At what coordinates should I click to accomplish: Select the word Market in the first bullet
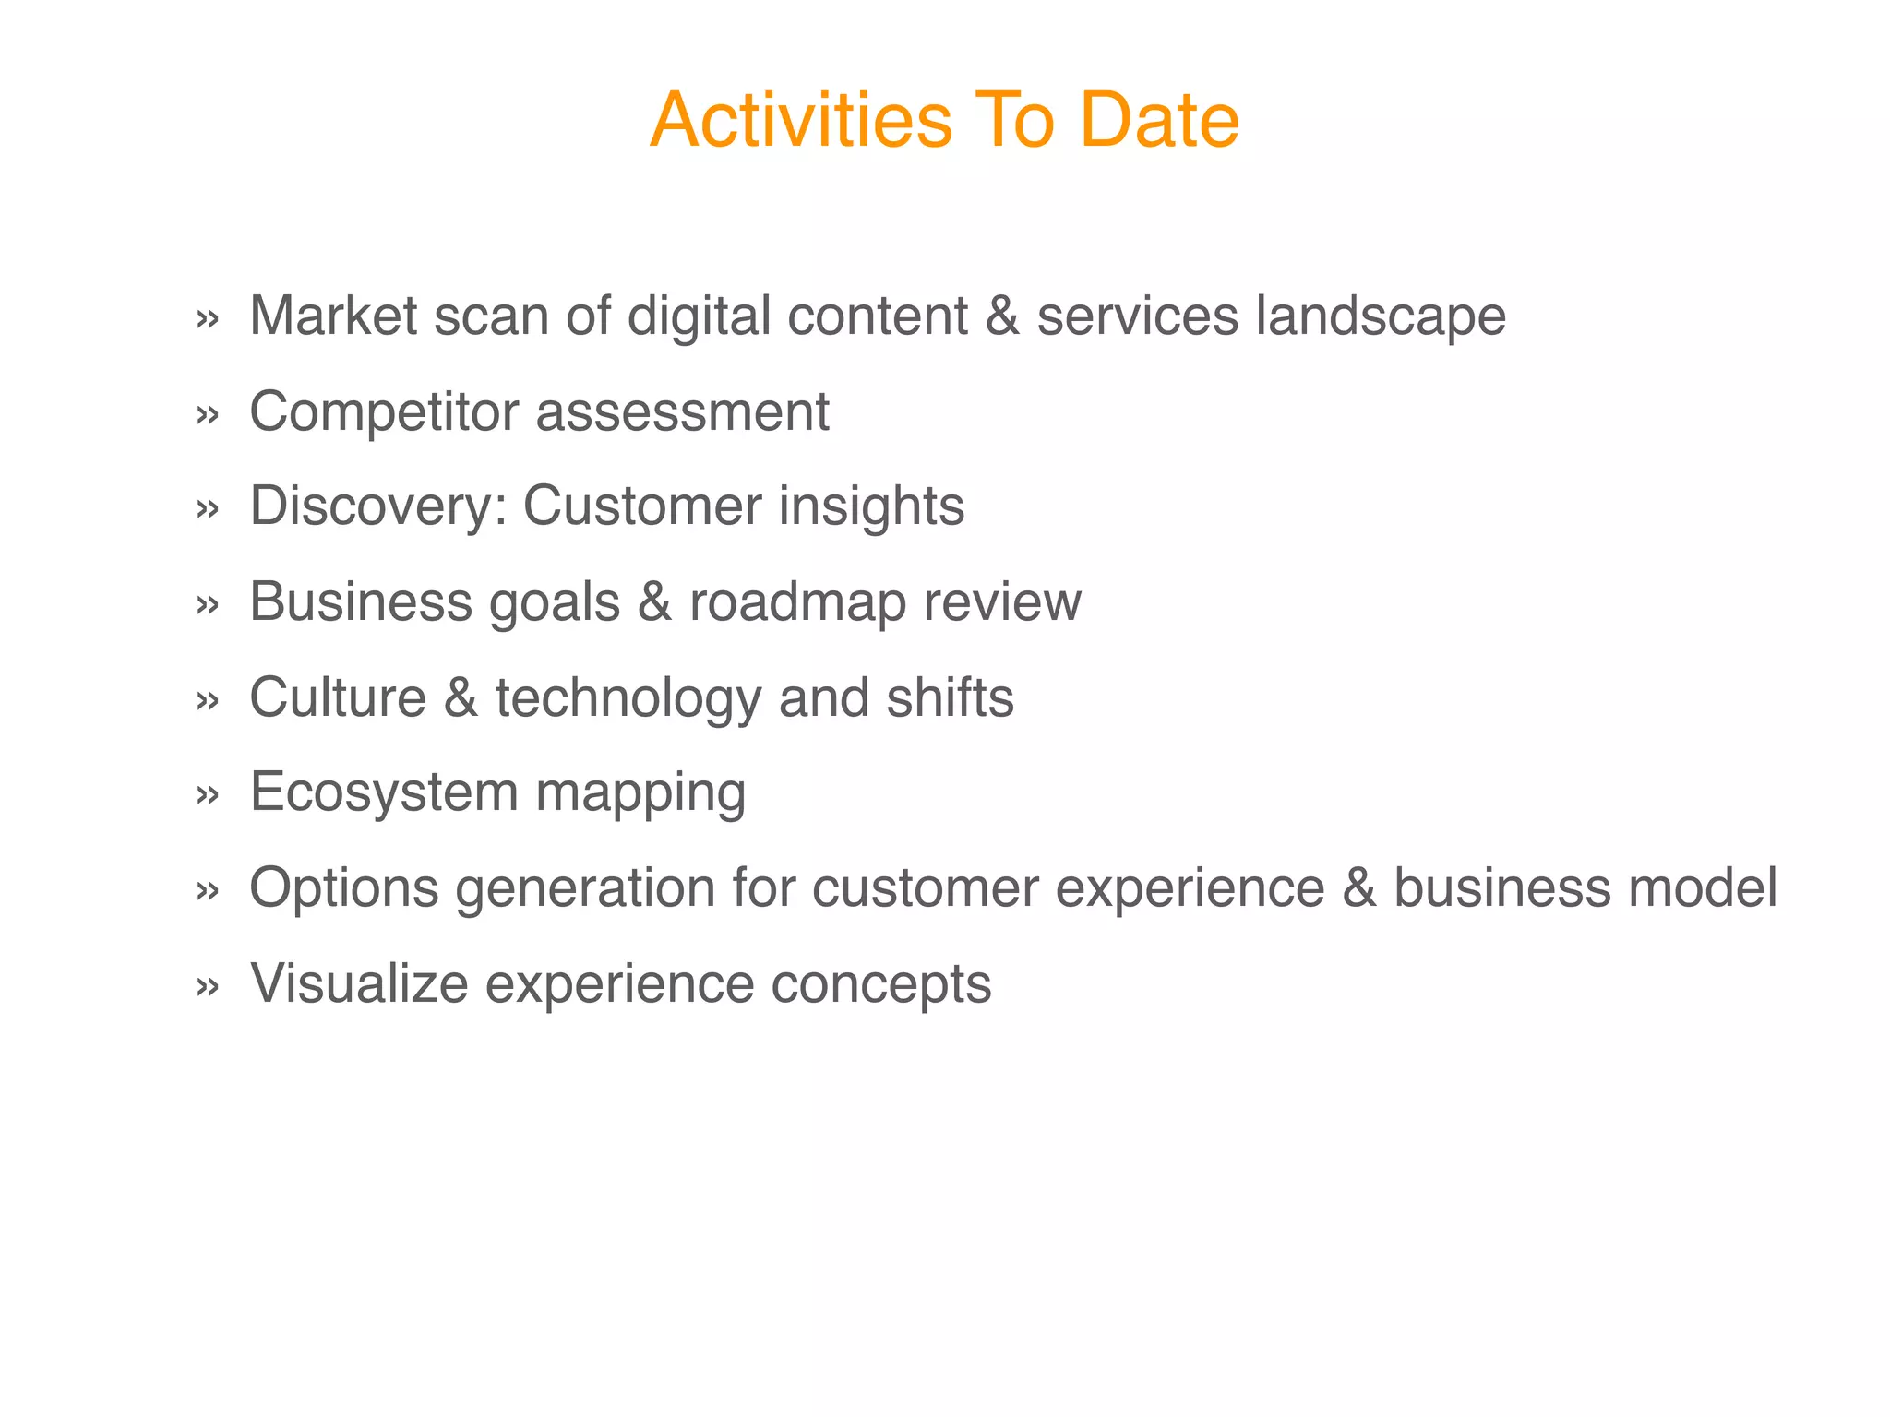tap(333, 316)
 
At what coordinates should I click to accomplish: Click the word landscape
tap(1381, 316)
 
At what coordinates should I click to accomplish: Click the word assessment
tap(682, 411)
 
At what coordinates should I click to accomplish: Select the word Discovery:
tap(378, 507)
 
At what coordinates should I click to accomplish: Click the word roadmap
tap(797, 602)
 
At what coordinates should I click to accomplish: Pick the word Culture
tap(338, 697)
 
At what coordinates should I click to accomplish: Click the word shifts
tap(950, 697)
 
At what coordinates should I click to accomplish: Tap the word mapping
tap(640, 794)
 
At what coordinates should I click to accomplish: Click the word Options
tap(344, 888)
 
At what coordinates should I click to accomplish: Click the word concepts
tap(880, 985)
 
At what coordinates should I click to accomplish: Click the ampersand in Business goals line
tap(654, 602)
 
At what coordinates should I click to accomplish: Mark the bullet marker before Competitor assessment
tap(208, 414)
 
